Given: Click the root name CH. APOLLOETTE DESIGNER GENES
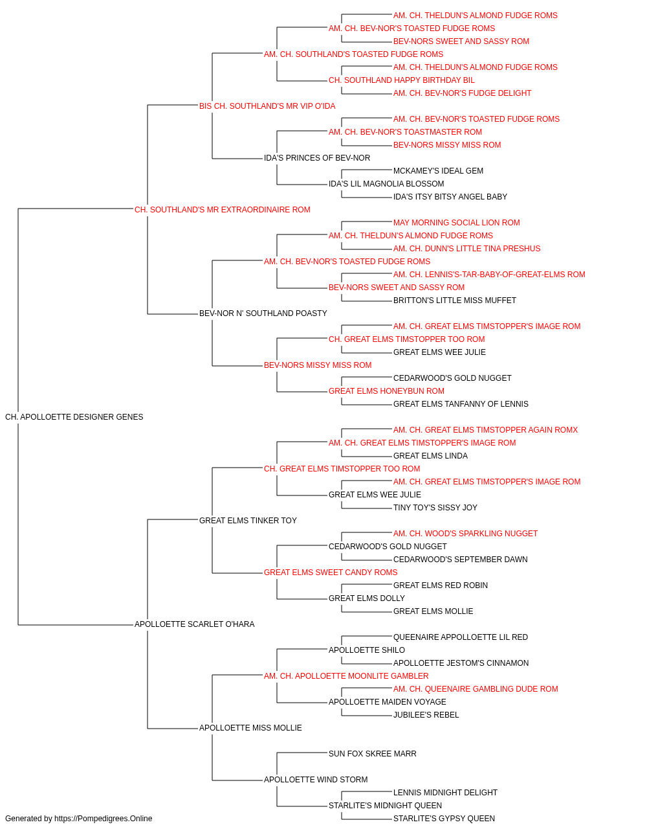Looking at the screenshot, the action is (74, 417).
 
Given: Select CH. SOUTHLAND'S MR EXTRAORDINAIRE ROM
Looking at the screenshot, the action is (223, 210).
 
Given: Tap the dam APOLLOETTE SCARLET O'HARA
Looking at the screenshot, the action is (194, 624).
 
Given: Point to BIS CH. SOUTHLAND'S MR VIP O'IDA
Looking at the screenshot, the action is (267, 106).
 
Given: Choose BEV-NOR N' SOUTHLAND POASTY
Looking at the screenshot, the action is (263, 313).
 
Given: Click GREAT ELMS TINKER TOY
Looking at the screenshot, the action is (248, 520).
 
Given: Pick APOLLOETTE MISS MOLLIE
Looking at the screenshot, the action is (250, 727).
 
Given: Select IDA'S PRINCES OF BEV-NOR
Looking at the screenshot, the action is (317, 158).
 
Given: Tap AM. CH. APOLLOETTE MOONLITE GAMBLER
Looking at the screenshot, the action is (346, 676).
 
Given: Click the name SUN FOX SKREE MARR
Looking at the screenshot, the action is (373, 753).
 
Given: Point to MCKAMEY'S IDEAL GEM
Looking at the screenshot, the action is (438, 171).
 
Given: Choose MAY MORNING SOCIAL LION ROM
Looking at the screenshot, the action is (457, 222).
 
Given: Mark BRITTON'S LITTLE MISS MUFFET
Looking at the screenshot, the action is (455, 301).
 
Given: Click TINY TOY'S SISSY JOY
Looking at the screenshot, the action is (435, 507).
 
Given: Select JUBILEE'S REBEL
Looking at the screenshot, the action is (426, 714).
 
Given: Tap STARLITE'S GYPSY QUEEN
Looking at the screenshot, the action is (444, 819).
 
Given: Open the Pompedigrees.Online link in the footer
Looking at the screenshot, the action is (104, 819).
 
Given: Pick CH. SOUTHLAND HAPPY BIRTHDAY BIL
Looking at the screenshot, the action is (402, 80).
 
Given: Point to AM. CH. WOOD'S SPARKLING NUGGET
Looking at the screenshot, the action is (465, 533).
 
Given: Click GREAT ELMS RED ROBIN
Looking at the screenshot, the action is (441, 585).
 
